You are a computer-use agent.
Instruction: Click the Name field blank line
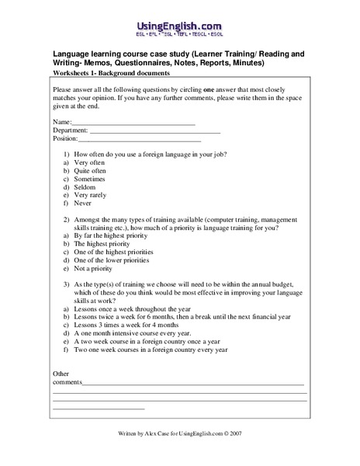click(133, 123)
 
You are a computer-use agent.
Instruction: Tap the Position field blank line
click(139, 141)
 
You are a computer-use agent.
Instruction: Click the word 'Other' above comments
click(61, 374)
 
